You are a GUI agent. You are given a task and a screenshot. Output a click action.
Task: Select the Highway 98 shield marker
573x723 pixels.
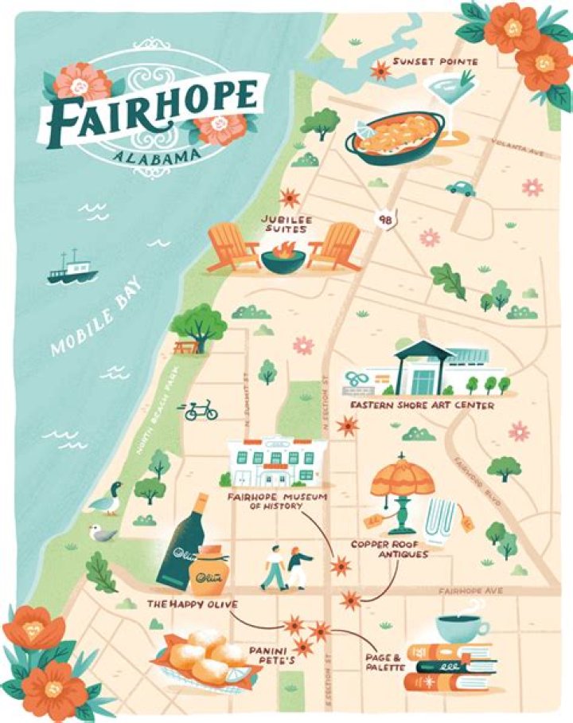[386, 218]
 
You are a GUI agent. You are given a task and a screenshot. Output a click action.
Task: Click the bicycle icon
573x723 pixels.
[201, 411]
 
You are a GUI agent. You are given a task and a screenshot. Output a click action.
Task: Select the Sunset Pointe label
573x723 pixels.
[435, 61]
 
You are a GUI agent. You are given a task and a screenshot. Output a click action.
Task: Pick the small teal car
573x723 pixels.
[460, 188]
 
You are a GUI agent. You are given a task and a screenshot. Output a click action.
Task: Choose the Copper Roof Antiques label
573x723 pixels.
[391, 549]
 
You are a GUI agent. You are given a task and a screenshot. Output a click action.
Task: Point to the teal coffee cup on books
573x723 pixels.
[462, 627]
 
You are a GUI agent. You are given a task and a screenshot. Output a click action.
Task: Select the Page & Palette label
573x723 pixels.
[384, 662]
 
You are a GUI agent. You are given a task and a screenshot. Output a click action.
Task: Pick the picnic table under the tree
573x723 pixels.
[185, 347]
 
